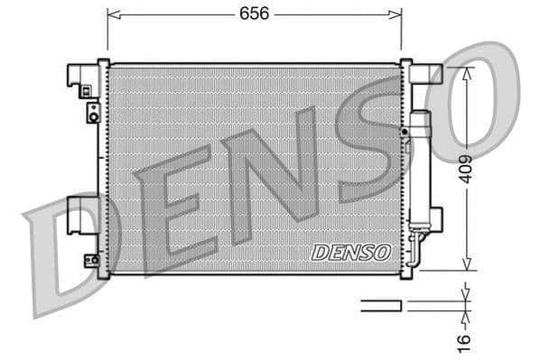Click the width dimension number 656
pos(254,14)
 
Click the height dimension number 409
pos(465,169)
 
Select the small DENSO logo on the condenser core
pos(350,252)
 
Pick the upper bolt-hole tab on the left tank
pos(92,113)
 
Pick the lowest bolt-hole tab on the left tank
pos(91,260)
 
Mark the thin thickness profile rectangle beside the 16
pos(381,306)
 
